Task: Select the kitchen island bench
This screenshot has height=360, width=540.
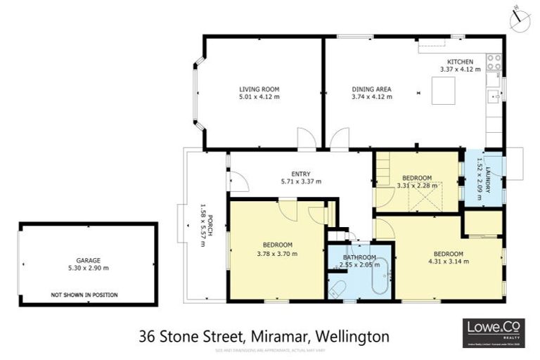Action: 442,89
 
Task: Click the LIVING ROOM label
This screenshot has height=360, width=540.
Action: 259,89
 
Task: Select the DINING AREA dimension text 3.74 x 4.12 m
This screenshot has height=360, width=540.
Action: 371,97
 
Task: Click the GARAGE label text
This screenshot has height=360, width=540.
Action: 88,259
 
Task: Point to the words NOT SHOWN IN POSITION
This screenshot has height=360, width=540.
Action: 84,295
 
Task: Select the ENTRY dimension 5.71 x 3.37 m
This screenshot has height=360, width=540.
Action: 301,181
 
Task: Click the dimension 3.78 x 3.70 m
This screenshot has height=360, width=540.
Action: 277,253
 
